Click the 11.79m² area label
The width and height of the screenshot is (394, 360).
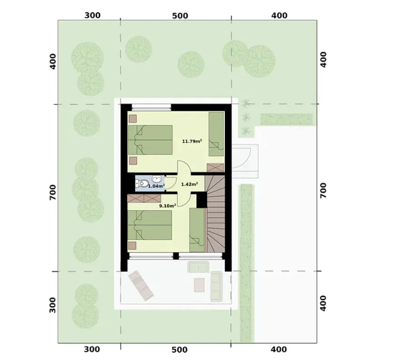[x=192, y=141]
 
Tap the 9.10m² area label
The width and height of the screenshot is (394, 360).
[x=167, y=206]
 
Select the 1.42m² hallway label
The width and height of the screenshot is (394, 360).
[x=189, y=184]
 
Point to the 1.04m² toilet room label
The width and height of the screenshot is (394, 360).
[x=156, y=186]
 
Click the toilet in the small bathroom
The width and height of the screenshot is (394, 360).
[x=142, y=184]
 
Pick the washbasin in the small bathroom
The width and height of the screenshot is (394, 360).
[x=157, y=179]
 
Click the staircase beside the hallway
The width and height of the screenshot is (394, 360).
[x=215, y=213]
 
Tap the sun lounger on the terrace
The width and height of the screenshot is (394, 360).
[x=141, y=286]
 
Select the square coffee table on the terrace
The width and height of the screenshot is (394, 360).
[x=199, y=285]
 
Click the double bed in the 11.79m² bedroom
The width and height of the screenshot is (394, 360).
[x=150, y=140]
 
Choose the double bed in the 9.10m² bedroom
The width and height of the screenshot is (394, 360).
[x=150, y=225]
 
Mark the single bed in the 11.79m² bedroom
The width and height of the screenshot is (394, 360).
[x=216, y=134]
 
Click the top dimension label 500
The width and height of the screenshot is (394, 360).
[x=180, y=16]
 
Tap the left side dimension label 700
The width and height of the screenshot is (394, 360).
[x=53, y=192]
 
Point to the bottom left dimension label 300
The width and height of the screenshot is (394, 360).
[x=92, y=349]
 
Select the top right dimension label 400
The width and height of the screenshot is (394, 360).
[x=279, y=15]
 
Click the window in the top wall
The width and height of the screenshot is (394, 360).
[x=151, y=107]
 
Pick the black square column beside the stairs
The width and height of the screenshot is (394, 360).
[x=202, y=200]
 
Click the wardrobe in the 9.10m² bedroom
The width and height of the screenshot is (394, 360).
[x=144, y=198]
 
